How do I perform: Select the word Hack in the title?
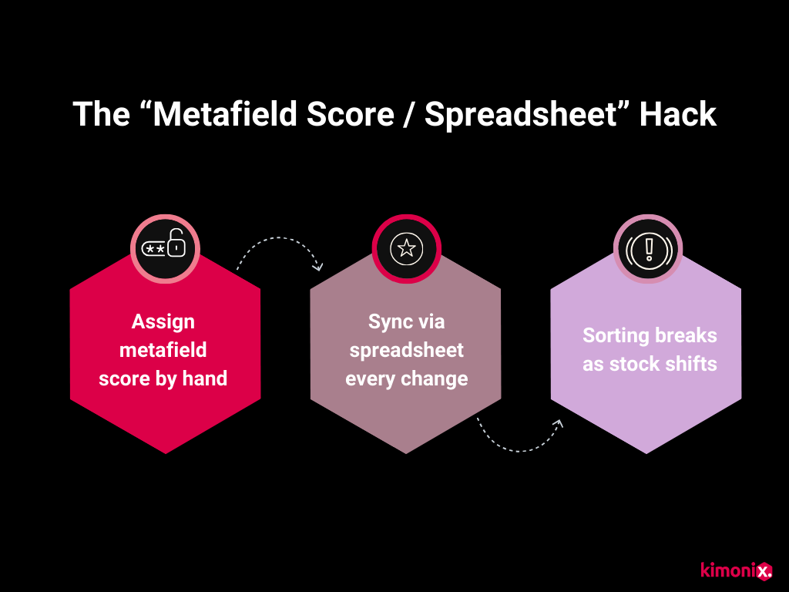[679, 114]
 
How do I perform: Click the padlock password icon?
[165, 247]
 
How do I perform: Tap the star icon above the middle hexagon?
[406, 247]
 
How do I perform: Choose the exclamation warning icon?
[648, 248]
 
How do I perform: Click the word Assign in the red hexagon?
[163, 321]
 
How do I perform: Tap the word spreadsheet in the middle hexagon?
[406, 350]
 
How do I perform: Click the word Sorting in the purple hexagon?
[616, 335]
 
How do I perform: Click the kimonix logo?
[736, 570]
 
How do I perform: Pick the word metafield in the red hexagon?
[163, 350]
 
